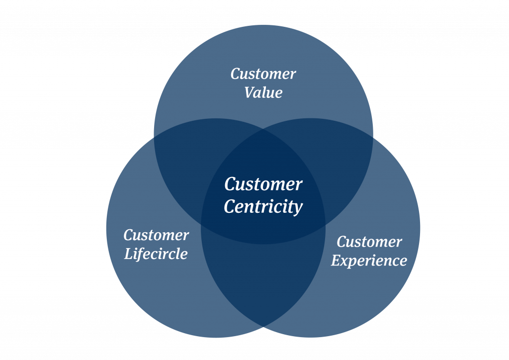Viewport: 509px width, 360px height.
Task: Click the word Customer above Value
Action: pos(263,75)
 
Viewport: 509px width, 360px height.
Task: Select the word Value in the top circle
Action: pos(263,93)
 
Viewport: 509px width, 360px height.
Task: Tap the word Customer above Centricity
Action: pos(263,184)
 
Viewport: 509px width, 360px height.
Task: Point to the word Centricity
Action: pos(263,206)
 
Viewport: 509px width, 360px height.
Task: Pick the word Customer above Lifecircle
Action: pos(156,235)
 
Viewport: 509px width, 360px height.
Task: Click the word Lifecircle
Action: pos(156,254)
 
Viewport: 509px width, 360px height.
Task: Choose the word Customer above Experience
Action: pos(369,242)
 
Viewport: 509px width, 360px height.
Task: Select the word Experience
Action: pos(369,261)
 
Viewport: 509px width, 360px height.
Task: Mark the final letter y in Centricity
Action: pos(298,208)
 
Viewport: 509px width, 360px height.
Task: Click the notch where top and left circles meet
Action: pos(155,138)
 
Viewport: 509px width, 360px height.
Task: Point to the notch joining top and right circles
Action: pos(372,138)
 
